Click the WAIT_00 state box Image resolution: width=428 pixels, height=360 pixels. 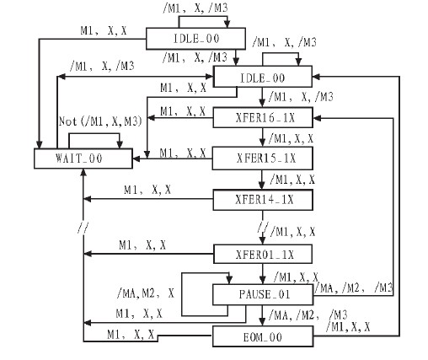click(x=83, y=159)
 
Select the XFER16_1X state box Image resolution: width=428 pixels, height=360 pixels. click(x=263, y=117)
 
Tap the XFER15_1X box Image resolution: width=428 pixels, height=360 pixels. click(x=262, y=159)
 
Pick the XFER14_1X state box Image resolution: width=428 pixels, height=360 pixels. click(x=263, y=200)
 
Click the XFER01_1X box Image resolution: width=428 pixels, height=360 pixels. click(x=263, y=254)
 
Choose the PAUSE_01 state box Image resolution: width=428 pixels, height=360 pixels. click(x=263, y=294)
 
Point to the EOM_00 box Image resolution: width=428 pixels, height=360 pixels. click(x=263, y=336)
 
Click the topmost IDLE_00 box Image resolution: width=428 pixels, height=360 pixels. click(x=195, y=39)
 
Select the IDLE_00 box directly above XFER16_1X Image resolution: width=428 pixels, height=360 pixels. click(x=263, y=77)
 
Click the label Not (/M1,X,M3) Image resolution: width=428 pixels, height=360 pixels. click(x=100, y=121)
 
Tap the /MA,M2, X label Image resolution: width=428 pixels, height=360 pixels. click(x=146, y=293)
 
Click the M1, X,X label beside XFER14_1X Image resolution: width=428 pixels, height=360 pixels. click(x=147, y=190)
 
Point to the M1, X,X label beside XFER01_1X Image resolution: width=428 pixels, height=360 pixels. click(x=142, y=245)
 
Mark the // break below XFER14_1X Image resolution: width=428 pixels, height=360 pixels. click(x=263, y=227)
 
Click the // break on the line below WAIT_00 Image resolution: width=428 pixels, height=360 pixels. click(x=83, y=228)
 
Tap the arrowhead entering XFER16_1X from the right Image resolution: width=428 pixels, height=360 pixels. click(x=317, y=118)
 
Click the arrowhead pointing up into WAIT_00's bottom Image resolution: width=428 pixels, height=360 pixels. click(x=83, y=173)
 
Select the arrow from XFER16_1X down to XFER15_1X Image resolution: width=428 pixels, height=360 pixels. click(x=262, y=137)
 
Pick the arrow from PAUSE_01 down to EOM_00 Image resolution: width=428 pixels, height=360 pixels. click(x=262, y=315)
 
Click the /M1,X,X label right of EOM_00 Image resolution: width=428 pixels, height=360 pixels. click(x=348, y=327)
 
